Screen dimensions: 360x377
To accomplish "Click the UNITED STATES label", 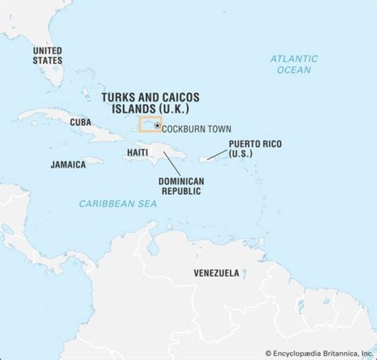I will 47,55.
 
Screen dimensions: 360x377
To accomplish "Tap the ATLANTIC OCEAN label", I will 294,64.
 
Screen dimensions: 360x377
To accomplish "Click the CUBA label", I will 81,122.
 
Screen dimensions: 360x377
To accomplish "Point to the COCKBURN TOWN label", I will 196,129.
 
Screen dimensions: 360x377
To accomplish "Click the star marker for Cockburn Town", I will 157,126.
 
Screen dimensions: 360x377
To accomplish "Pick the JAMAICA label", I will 68,164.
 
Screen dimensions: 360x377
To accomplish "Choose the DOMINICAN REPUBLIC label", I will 181,186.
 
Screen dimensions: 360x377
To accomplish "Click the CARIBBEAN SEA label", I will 118,204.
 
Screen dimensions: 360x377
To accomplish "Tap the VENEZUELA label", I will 216,273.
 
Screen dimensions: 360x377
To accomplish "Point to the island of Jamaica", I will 92,161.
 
